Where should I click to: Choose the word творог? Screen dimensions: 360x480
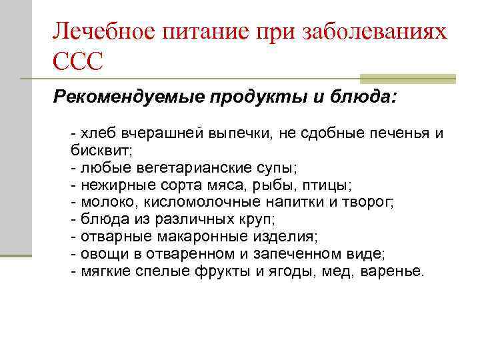tap(368, 201)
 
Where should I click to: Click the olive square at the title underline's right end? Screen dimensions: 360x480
tap(408, 79)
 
